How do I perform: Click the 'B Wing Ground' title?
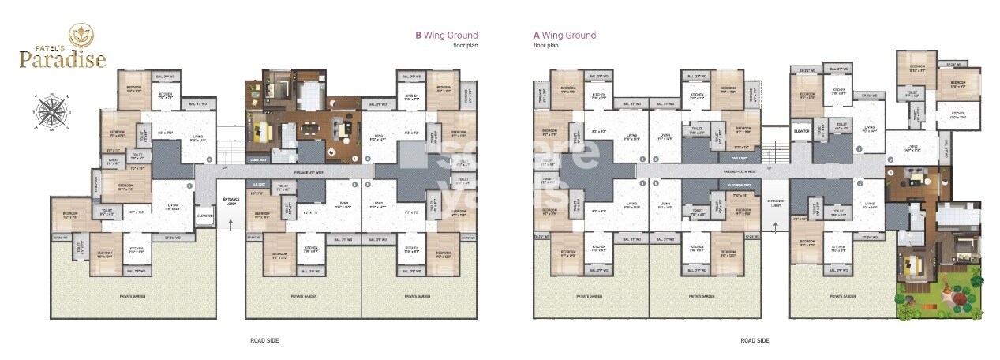pyautogui.click(x=447, y=36)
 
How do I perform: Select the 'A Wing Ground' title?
pyautogui.click(x=564, y=36)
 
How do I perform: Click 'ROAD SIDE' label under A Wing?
pyautogui.click(x=755, y=340)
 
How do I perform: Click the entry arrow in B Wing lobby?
pyautogui.click(x=230, y=224)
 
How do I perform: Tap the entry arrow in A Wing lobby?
pyautogui.click(x=775, y=227)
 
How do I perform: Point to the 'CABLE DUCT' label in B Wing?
pyautogui.click(x=258, y=157)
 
